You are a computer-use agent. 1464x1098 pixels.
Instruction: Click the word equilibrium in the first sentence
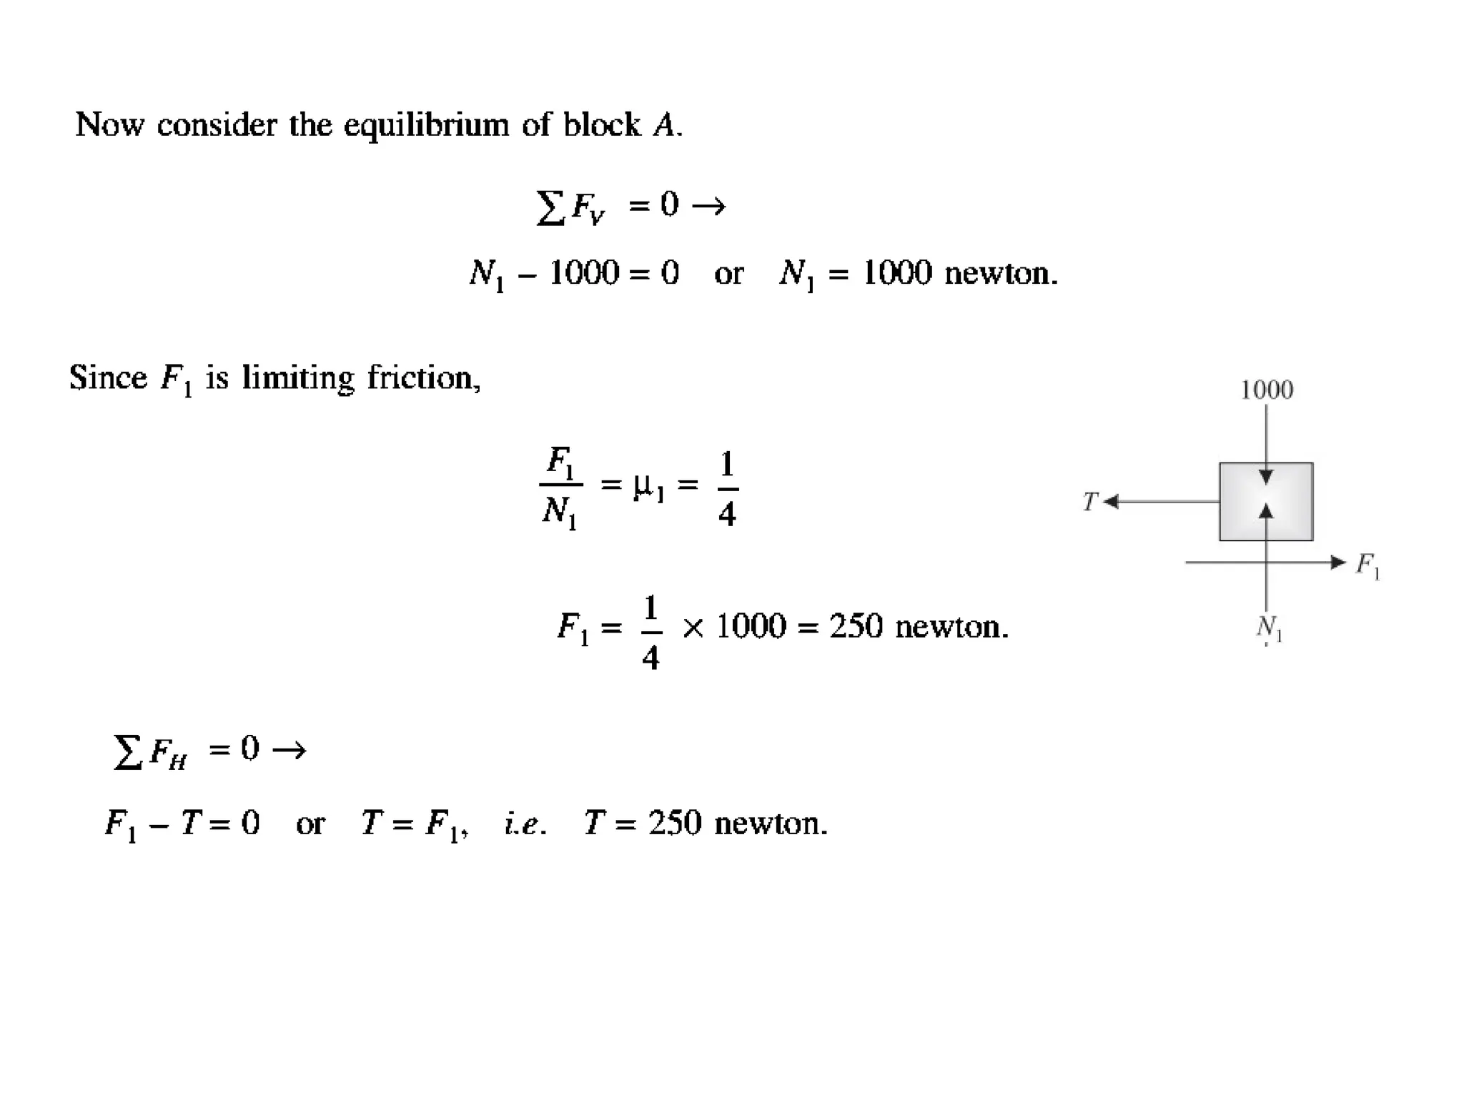(x=426, y=126)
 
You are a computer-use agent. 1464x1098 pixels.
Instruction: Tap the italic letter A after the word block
(x=664, y=126)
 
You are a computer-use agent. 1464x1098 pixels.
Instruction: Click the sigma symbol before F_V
(x=550, y=207)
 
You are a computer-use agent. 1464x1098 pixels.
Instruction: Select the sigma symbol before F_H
(x=127, y=752)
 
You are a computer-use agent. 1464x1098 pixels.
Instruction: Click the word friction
(x=423, y=377)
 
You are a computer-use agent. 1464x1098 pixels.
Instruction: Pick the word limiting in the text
(x=297, y=379)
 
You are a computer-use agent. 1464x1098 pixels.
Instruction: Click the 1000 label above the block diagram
(x=1266, y=390)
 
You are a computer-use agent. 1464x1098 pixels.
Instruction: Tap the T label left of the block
(x=1089, y=502)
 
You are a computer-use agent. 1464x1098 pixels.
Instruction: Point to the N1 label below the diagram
(x=1269, y=628)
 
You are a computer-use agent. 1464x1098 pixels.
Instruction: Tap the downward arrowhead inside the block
(x=1266, y=477)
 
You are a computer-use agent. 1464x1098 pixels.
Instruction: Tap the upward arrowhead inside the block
(x=1266, y=510)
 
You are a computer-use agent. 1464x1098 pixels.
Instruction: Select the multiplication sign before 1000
(x=693, y=628)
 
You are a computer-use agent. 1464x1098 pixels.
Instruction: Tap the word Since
(x=108, y=377)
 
